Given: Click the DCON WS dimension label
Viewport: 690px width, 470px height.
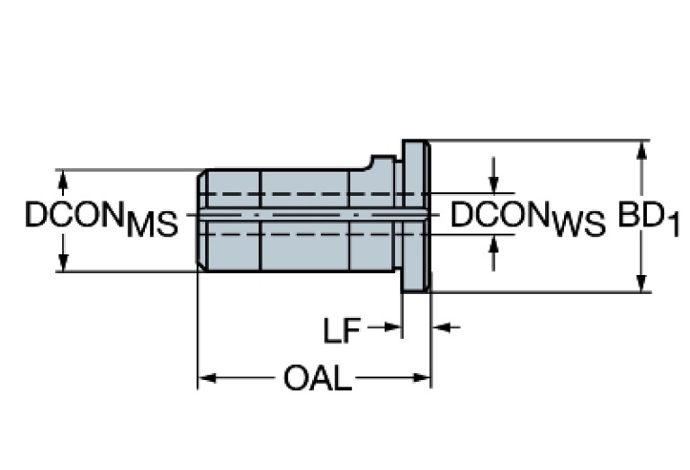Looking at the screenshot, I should [527, 218].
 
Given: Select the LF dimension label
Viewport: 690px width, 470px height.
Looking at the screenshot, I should [342, 330].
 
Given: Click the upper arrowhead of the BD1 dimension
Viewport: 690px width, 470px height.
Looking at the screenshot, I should [641, 148].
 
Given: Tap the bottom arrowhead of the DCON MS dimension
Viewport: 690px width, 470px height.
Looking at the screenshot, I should [63, 262].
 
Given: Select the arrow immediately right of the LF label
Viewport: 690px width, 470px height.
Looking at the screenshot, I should [392, 327].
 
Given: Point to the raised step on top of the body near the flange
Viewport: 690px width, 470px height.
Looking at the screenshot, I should [383, 164].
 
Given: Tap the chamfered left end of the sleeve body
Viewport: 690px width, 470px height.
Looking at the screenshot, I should [202, 218].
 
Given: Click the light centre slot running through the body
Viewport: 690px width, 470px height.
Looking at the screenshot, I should [306, 216].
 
